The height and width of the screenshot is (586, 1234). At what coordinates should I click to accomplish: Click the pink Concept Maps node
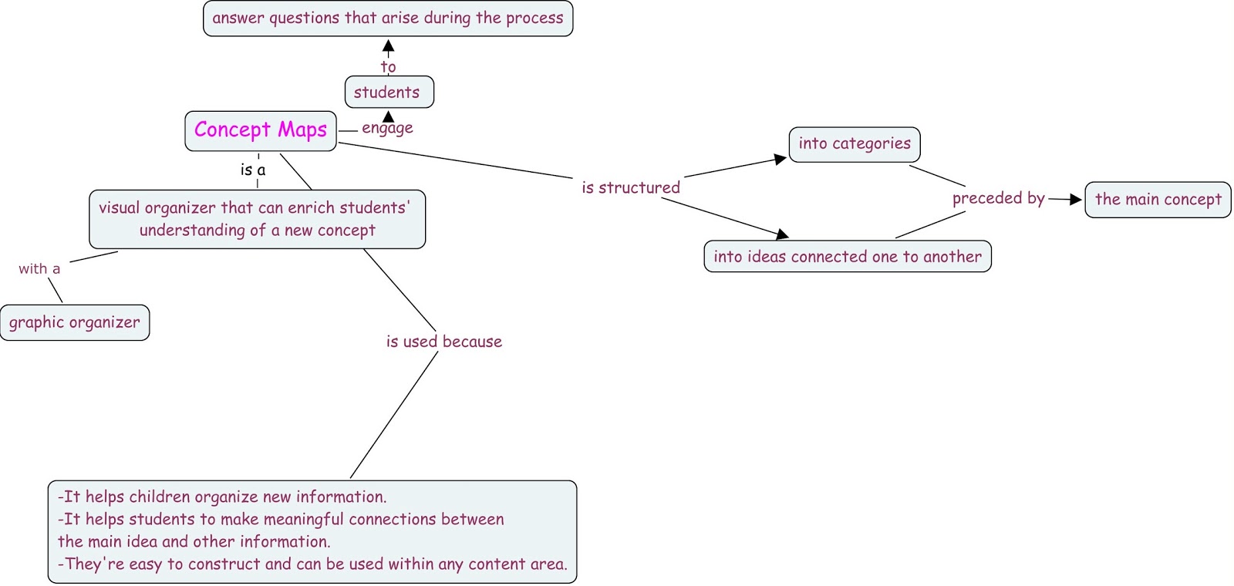pos(261,130)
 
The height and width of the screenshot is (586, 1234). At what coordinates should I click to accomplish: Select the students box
pos(389,93)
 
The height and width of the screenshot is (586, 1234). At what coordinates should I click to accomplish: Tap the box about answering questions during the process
pos(388,19)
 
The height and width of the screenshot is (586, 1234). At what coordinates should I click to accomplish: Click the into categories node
pos(855,144)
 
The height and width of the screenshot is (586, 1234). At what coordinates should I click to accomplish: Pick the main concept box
pos(1158,200)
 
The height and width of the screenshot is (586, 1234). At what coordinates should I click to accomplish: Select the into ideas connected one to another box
pos(847,257)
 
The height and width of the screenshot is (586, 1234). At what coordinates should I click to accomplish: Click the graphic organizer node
pos(75,323)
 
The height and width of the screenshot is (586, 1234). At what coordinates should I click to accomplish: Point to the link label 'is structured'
pos(631,188)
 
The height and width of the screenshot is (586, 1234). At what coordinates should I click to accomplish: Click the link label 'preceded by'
pos(998,199)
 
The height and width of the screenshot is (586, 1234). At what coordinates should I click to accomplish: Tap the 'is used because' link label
pos(443,342)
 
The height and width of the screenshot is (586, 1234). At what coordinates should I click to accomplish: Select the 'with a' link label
pos(39,269)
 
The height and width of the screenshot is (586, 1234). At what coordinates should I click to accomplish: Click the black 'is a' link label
pos(253,170)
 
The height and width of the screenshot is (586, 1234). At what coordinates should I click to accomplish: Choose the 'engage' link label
pos(387,128)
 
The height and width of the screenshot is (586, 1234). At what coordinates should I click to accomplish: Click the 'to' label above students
pos(388,67)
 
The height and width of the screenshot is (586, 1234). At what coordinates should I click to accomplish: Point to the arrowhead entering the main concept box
pos(1076,200)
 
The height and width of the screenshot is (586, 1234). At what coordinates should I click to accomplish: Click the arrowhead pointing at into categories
pos(780,160)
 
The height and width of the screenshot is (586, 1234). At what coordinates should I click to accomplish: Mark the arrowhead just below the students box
pos(389,117)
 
